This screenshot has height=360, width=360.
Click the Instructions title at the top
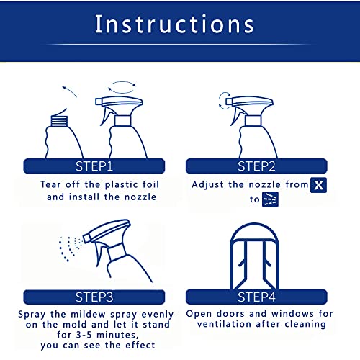coord(175,24)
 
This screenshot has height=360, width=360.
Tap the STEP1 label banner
coord(94,166)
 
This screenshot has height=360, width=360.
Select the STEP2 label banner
coord(257,166)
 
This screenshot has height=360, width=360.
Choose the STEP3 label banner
coord(94,296)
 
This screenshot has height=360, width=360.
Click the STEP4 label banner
coord(257,296)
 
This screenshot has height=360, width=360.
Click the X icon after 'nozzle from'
coord(318,184)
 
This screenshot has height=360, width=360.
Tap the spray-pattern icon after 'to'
coord(271,199)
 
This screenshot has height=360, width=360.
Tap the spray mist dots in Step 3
coord(68,248)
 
